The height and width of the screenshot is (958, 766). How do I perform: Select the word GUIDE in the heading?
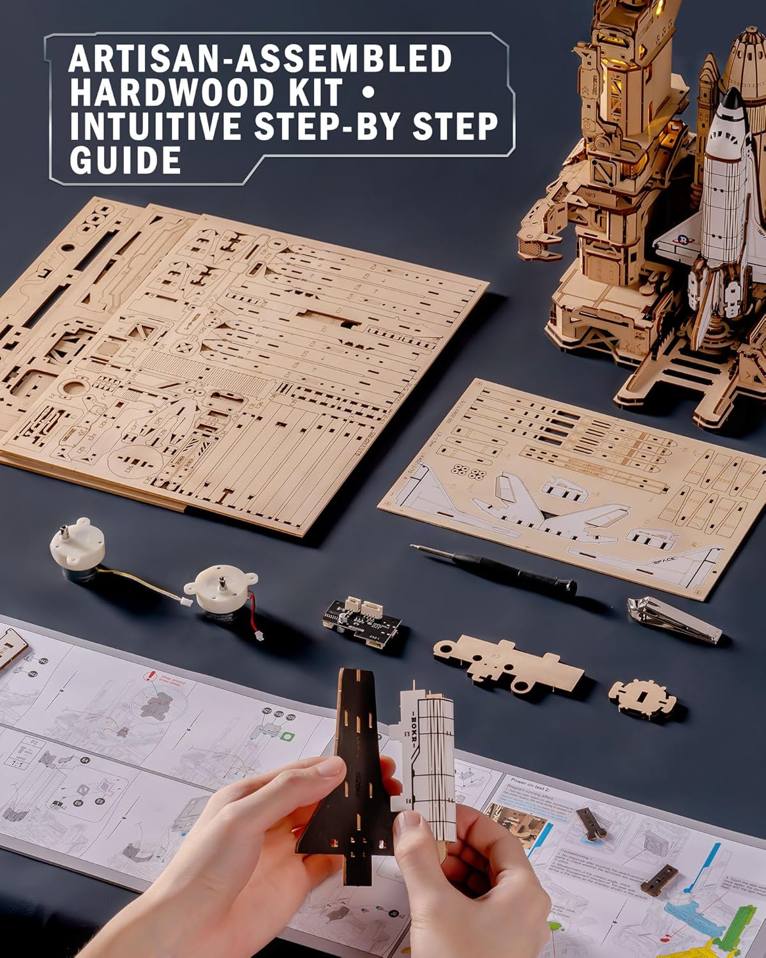coord(125,160)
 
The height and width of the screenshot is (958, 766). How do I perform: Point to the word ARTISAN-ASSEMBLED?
coord(260,59)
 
